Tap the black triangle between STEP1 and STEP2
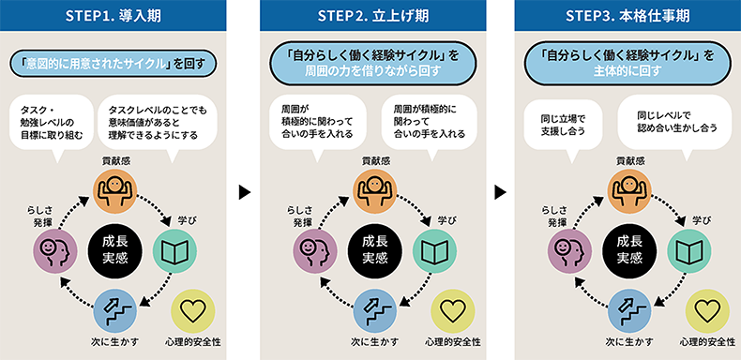coord(244,192)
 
